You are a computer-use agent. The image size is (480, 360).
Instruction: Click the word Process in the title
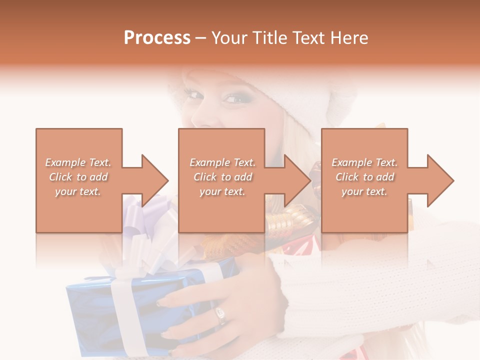(x=157, y=38)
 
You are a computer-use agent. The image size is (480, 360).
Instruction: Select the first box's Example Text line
(x=78, y=162)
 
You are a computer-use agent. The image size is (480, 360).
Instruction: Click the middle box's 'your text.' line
(x=222, y=191)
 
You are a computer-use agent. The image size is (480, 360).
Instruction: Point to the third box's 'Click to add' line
(x=364, y=177)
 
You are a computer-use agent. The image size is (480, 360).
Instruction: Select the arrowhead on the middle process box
(x=297, y=180)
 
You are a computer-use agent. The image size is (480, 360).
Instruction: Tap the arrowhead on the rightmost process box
(x=440, y=180)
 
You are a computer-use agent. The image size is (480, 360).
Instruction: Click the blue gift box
(x=90, y=310)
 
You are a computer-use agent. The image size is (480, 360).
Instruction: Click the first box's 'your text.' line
(x=78, y=191)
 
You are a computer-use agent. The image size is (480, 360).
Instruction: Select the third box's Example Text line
(x=364, y=162)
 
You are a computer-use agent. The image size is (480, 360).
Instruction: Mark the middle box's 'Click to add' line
(x=222, y=177)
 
